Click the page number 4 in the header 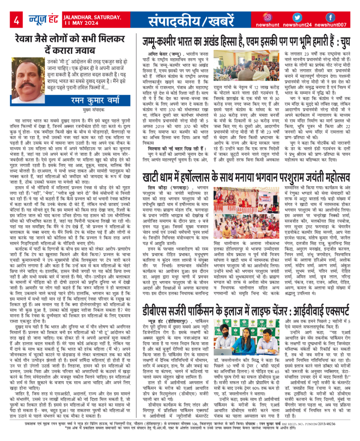coord(16,19)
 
